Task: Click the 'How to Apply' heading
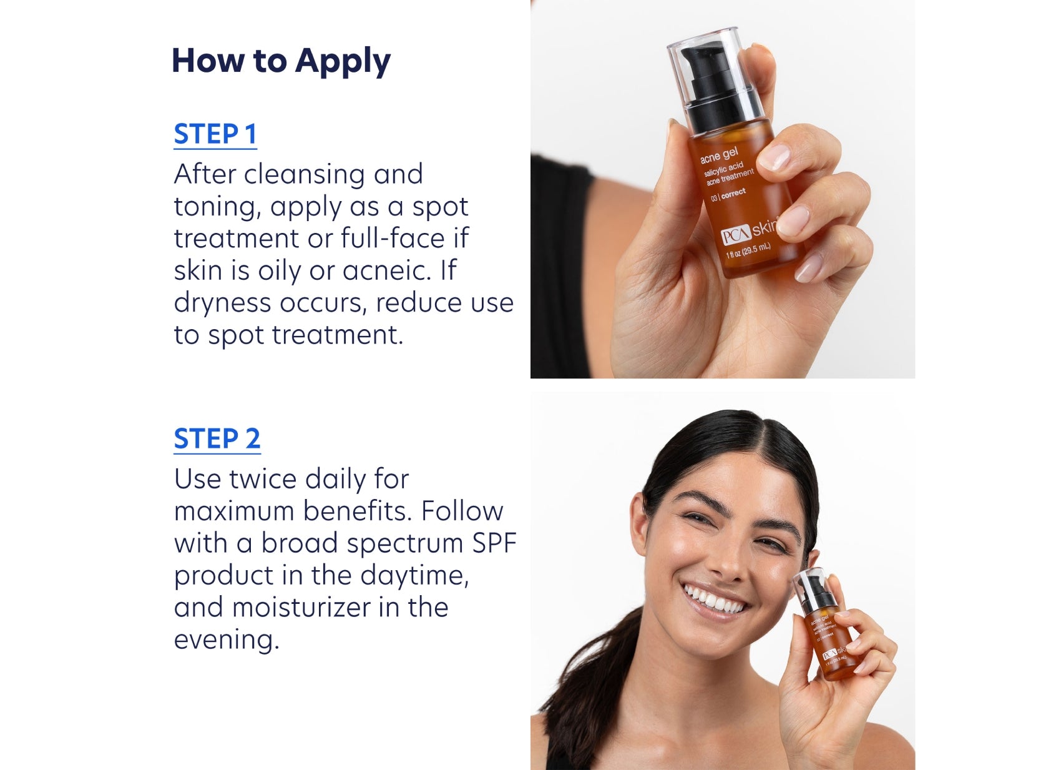281,61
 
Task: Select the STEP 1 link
215,134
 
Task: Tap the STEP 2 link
217,439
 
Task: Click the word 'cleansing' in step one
304,174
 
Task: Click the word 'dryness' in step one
222,304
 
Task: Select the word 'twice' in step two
262,480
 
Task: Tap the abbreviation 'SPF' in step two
494,543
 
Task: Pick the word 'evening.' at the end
226,640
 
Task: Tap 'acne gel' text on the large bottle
718,155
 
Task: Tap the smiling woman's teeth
714,601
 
